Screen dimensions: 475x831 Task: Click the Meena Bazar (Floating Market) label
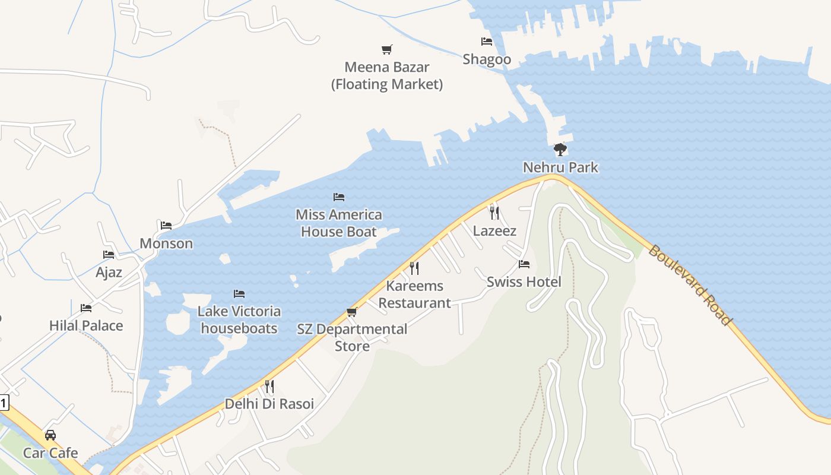[x=387, y=75]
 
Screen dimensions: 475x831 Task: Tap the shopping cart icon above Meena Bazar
[x=387, y=50]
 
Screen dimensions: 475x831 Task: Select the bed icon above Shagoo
[x=487, y=42]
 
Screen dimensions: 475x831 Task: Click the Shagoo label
[x=487, y=59]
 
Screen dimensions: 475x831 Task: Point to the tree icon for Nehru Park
[x=560, y=150]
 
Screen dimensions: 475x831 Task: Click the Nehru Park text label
[x=560, y=167]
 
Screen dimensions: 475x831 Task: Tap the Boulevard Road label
[x=690, y=285]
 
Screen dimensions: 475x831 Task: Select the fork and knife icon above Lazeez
[x=494, y=213]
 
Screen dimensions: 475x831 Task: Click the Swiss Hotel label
[x=524, y=281]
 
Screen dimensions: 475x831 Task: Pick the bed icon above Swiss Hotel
[x=524, y=264]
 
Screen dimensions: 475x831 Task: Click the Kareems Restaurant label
[x=415, y=294]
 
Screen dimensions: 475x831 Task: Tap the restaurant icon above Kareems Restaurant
[x=414, y=268]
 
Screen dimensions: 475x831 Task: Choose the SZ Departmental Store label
[x=353, y=337]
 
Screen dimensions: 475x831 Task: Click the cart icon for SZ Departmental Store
[x=352, y=312]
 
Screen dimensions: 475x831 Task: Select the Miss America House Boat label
[x=339, y=223]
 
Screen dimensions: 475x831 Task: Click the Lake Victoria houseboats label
[x=239, y=319]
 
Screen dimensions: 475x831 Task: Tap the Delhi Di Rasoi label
[x=269, y=404]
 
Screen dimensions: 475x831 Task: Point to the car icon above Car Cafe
[x=50, y=435]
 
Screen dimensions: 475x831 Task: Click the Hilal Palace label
[x=86, y=325]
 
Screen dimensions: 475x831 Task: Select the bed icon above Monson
[x=166, y=226]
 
